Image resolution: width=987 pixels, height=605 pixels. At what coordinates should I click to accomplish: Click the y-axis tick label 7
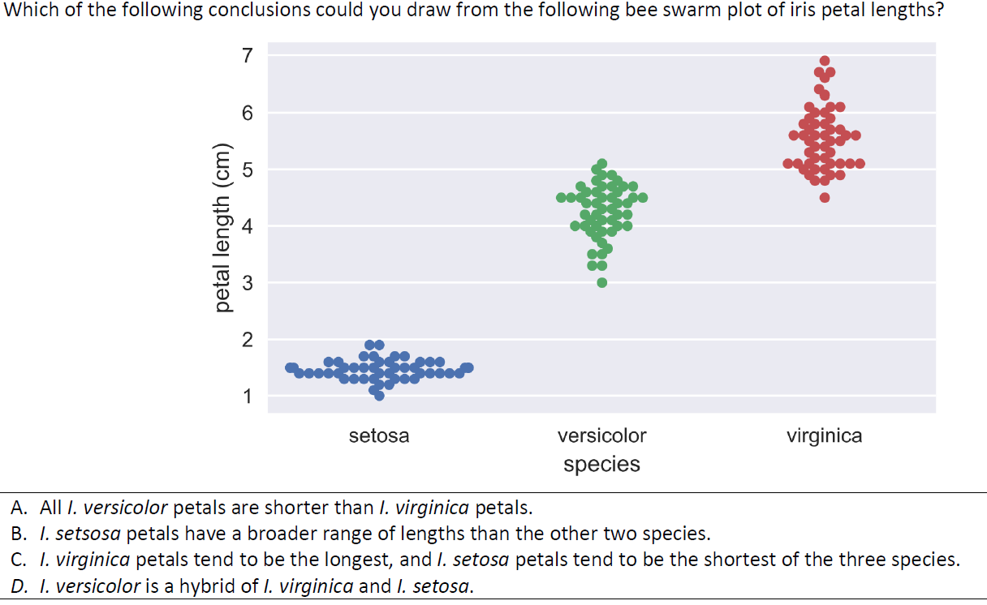[x=248, y=55]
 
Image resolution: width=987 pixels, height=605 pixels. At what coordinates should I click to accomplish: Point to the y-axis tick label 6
[x=248, y=113]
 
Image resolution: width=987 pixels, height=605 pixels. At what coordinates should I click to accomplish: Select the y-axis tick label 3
[x=248, y=283]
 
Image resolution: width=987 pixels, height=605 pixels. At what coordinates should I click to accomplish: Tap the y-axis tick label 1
[x=248, y=397]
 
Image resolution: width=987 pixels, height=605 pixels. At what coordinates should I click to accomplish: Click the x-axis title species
[x=601, y=465]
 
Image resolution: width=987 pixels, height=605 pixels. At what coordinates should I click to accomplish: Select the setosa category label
[x=379, y=436]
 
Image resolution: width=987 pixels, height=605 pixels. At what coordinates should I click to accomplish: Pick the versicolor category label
[x=601, y=436]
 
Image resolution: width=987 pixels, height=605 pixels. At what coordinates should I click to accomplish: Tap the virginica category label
[x=824, y=436]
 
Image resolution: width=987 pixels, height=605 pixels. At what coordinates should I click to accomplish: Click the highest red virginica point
[x=825, y=61]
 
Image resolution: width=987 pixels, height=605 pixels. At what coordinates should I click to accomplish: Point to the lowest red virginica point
[x=825, y=197]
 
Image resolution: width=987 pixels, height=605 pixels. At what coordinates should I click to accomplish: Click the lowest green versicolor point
[x=601, y=282]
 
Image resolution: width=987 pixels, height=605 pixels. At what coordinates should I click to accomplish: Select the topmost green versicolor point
[x=601, y=164]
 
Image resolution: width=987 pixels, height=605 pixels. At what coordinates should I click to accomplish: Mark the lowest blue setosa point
[x=379, y=396]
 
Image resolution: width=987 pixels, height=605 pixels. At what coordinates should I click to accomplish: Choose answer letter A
[x=18, y=509]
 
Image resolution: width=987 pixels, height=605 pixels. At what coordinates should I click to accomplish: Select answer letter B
[x=18, y=534]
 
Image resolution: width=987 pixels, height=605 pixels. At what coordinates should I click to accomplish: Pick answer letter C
[x=18, y=560]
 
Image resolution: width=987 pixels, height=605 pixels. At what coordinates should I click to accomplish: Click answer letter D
[x=18, y=586]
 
